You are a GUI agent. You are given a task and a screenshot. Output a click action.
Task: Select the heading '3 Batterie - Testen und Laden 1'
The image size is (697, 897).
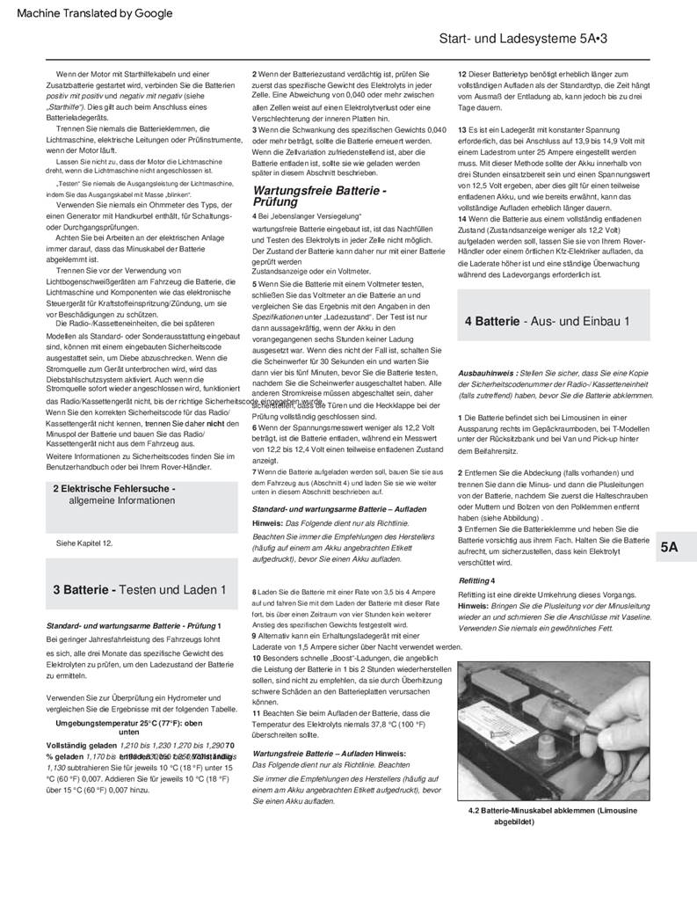click(x=132, y=589)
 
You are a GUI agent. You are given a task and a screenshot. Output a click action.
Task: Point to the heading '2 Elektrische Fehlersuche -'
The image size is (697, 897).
click(x=114, y=489)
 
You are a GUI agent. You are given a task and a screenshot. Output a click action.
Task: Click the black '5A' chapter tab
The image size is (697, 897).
click(x=669, y=547)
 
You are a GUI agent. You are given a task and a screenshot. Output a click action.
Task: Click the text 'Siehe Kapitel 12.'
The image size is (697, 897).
click(x=84, y=543)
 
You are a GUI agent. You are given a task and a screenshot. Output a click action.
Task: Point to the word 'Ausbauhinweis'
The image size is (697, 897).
click(x=487, y=373)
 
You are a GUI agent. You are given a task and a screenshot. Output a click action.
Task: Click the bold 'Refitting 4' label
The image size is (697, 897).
click(x=476, y=580)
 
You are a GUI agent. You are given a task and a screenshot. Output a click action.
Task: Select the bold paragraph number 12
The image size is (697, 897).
click(x=463, y=75)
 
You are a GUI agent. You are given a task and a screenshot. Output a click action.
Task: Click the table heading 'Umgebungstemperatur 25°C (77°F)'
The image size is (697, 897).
click(x=129, y=723)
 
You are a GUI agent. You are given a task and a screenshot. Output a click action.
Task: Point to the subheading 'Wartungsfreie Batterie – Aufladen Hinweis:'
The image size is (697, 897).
click(x=329, y=754)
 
